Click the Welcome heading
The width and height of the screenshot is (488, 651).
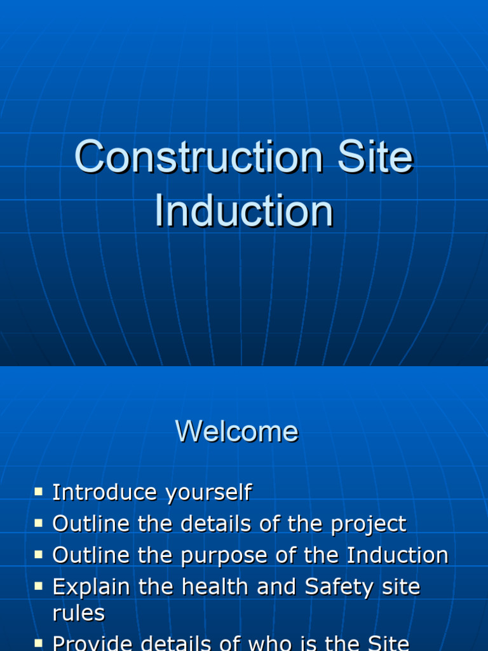(x=237, y=432)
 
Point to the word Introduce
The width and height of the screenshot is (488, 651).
(x=105, y=492)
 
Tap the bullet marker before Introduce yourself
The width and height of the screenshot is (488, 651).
(x=39, y=491)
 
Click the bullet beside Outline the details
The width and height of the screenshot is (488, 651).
(x=39, y=523)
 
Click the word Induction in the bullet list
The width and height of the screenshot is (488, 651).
(x=397, y=556)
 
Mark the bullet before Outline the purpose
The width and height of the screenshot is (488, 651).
(x=39, y=555)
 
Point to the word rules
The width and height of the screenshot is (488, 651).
(x=79, y=613)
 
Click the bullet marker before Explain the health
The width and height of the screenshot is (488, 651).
(x=39, y=586)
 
